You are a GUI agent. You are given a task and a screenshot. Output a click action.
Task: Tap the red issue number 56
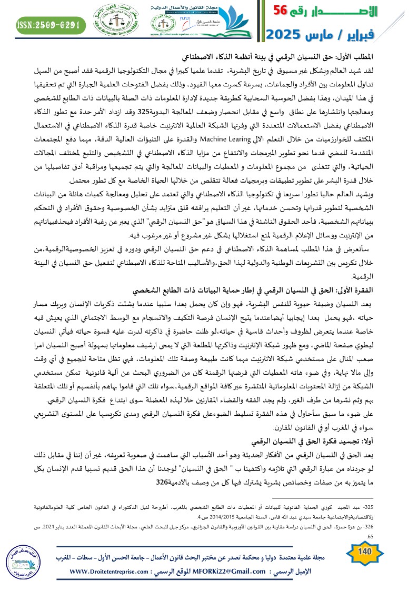coord(285,11)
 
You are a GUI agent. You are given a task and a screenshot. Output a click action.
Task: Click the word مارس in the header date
coord(326,35)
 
